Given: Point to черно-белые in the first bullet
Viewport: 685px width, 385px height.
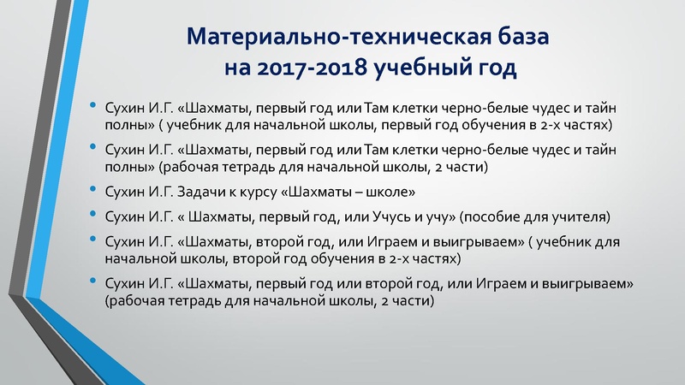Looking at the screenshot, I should point(484,109).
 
